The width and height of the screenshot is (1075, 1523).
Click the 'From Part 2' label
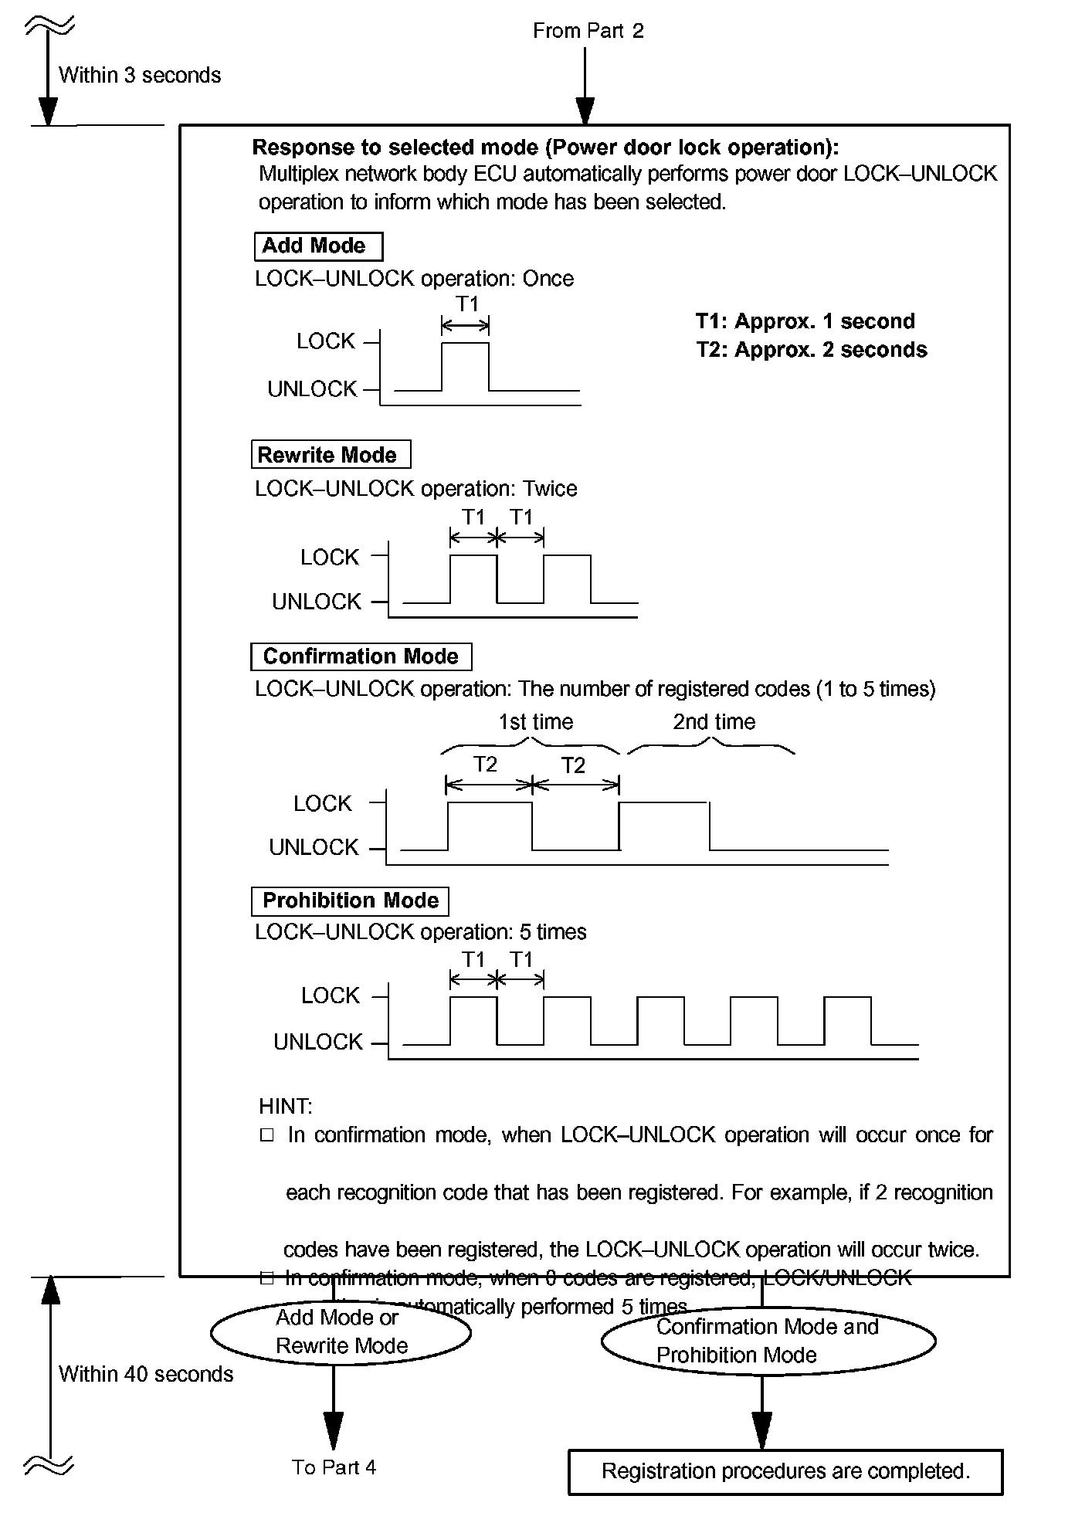tap(588, 31)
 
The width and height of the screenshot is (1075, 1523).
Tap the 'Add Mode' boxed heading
tap(317, 246)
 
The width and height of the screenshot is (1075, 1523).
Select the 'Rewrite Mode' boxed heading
tap(330, 455)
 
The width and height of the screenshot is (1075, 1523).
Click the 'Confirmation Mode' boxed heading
tap(361, 656)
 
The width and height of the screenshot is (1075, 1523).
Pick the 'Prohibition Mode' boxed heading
tap(350, 901)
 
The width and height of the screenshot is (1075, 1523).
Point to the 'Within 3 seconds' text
tap(140, 75)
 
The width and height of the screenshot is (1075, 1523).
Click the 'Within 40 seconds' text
tap(146, 1374)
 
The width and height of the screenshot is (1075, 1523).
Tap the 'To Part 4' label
tap(334, 1467)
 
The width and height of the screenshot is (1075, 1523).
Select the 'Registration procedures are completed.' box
tap(785, 1471)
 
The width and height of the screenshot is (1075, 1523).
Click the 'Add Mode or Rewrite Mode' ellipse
tap(341, 1332)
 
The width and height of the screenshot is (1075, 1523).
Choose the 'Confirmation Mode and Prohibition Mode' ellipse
tap(768, 1341)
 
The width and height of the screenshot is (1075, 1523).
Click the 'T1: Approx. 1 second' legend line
tap(805, 321)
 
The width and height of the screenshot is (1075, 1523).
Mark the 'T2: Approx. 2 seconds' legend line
tap(811, 350)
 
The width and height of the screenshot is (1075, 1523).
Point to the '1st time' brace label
tap(535, 722)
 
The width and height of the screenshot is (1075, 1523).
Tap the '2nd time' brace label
tap(714, 722)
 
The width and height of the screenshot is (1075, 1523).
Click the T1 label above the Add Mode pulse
tap(466, 304)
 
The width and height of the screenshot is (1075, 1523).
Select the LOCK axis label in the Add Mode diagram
tap(325, 341)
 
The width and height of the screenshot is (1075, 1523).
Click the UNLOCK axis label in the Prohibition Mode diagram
tap(317, 1042)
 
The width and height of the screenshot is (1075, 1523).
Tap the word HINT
tap(285, 1106)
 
